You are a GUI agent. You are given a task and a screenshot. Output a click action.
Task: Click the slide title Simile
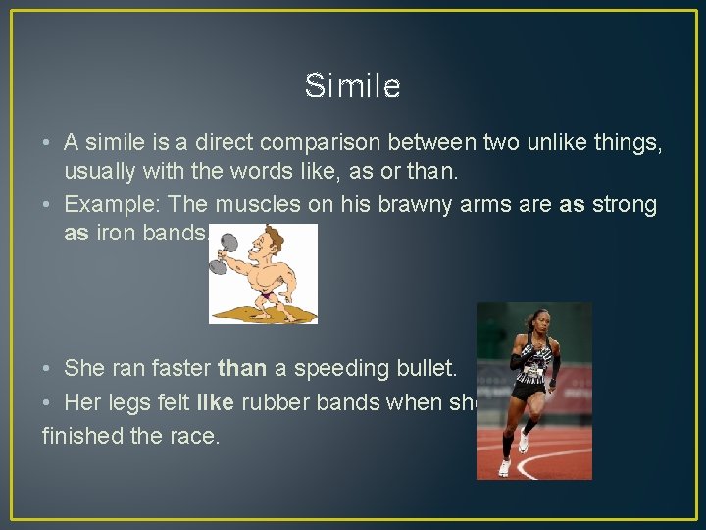pyautogui.click(x=352, y=86)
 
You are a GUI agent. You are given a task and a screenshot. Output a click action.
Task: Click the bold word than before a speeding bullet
pyautogui.click(x=242, y=369)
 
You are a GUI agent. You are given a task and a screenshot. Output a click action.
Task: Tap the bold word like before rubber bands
pyautogui.click(x=215, y=401)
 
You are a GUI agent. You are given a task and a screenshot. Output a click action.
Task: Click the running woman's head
pyautogui.click(x=538, y=320)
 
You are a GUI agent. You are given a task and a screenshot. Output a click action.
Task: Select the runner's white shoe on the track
pyautogui.click(x=504, y=467)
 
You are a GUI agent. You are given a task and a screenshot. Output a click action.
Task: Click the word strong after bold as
pyautogui.click(x=625, y=204)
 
